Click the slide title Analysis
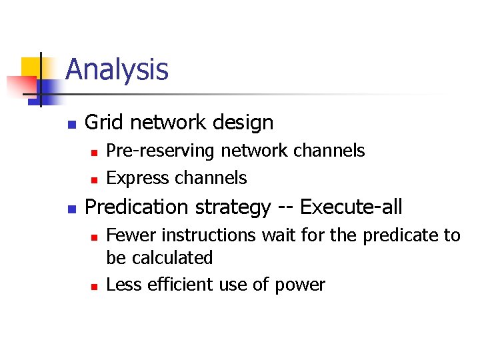click(x=117, y=69)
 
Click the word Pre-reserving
click(x=161, y=151)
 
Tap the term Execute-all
click(x=351, y=207)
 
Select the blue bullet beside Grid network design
click(x=73, y=124)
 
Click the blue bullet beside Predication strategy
click(x=73, y=209)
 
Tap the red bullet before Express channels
click(x=94, y=179)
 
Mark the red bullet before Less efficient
click(x=94, y=286)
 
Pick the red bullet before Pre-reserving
click(x=94, y=153)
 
